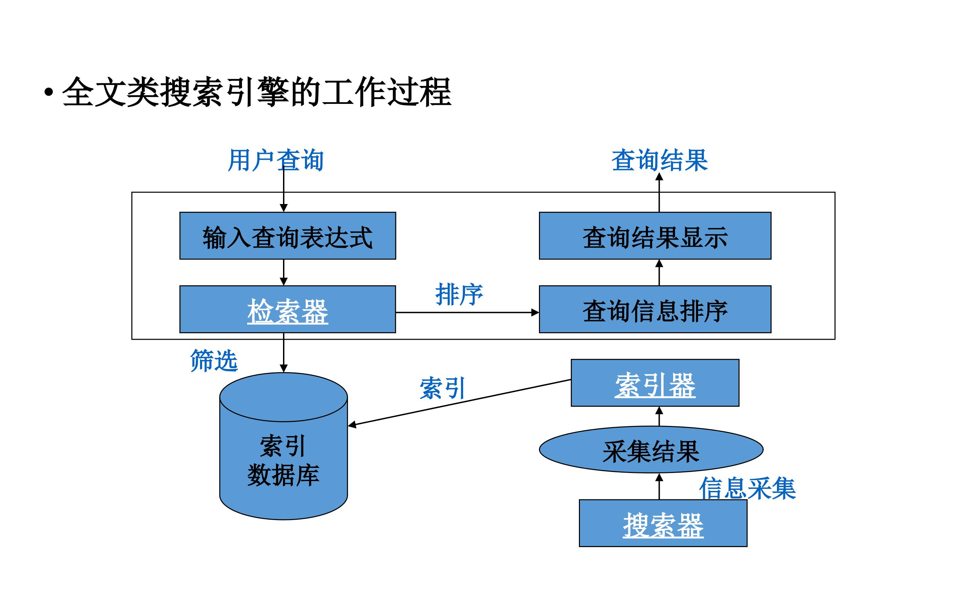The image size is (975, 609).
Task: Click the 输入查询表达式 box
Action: [x=288, y=235]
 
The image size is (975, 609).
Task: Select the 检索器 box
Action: [x=288, y=309]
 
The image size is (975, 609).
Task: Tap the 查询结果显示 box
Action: [x=655, y=235]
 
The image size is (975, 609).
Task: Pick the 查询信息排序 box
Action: [x=655, y=309]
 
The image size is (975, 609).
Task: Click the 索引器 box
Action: [x=655, y=383]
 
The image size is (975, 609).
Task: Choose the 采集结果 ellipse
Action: [x=651, y=450]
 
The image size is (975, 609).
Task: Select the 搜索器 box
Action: [x=663, y=523]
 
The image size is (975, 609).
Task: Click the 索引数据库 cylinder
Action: [x=284, y=446]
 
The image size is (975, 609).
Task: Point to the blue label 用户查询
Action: [x=276, y=160]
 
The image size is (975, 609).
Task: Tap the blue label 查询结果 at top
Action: [x=659, y=160]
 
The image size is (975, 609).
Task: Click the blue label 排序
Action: [x=459, y=294]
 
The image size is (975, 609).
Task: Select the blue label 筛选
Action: [x=214, y=360]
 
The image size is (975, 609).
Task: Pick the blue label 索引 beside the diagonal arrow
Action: [x=442, y=388]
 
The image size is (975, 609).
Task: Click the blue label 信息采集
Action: [x=747, y=489]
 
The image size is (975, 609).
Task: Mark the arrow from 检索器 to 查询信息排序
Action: [x=467, y=313]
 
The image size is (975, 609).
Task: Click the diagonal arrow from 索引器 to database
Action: [x=459, y=402]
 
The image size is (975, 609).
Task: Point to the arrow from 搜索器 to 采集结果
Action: [x=659, y=487]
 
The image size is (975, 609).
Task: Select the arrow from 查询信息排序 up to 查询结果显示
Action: [x=659, y=273]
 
